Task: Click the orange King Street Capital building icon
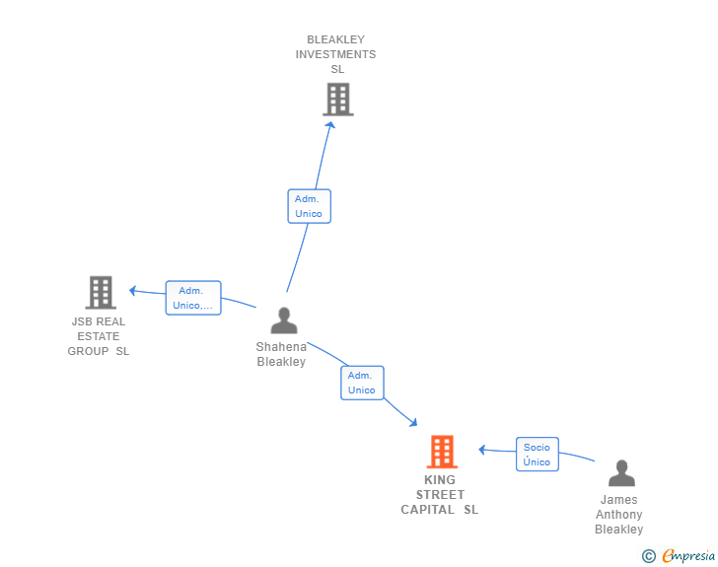click(x=442, y=452)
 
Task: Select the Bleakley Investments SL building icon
click(x=338, y=99)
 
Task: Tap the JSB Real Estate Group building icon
click(x=101, y=292)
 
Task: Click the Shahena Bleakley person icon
click(x=284, y=320)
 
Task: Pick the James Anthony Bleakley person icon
click(x=621, y=473)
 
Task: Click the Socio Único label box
click(x=538, y=454)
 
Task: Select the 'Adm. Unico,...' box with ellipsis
click(x=193, y=298)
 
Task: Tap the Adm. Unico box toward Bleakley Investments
click(x=309, y=206)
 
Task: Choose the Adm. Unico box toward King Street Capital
click(x=362, y=383)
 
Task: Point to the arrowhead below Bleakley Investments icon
click(x=330, y=124)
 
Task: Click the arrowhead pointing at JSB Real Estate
click(x=133, y=290)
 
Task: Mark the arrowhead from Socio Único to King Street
click(x=481, y=450)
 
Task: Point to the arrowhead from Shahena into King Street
click(x=413, y=422)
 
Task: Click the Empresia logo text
click(x=688, y=555)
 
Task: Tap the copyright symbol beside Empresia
click(x=648, y=556)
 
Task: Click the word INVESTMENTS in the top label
click(x=335, y=54)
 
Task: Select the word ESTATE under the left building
click(x=99, y=336)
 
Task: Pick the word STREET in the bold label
click(x=440, y=495)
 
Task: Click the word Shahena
click(x=281, y=347)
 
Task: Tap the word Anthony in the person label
click(x=619, y=515)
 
